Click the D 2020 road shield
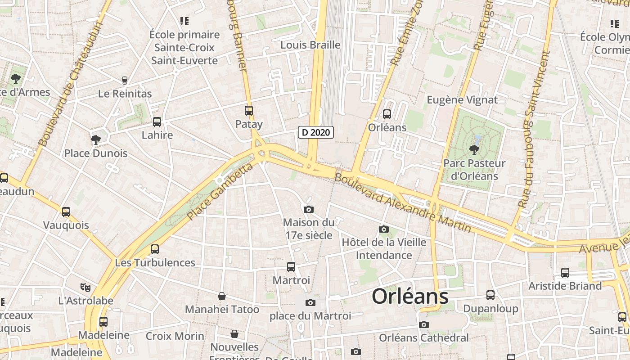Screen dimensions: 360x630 click(x=316, y=132)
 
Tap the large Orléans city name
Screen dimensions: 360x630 click(x=410, y=297)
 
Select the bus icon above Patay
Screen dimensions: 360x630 click(x=249, y=110)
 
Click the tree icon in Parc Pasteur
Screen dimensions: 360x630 click(x=474, y=149)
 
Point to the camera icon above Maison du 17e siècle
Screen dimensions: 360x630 click(x=309, y=209)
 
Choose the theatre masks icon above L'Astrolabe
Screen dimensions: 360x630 click(x=85, y=287)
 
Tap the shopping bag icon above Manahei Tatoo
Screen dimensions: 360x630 click(x=222, y=296)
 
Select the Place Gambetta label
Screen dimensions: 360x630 click(x=220, y=192)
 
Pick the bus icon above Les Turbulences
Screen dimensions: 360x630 click(x=155, y=249)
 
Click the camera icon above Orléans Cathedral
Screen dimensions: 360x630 click(x=423, y=324)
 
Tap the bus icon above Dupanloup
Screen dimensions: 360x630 click(x=490, y=295)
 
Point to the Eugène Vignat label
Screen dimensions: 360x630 click(x=462, y=100)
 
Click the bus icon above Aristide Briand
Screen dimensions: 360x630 click(x=565, y=272)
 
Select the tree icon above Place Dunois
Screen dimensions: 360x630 click(x=95, y=139)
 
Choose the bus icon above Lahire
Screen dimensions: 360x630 click(x=157, y=121)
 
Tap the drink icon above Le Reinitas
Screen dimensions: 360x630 click(x=125, y=81)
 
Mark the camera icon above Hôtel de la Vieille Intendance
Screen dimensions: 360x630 click(x=384, y=229)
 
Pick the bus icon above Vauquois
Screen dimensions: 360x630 click(x=66, y=211)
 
